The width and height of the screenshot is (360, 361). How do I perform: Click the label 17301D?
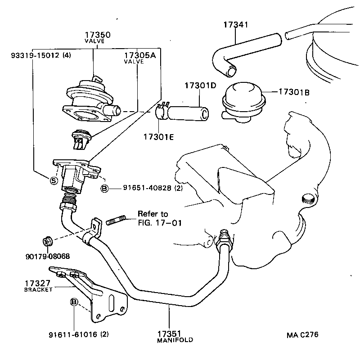coord(199,86)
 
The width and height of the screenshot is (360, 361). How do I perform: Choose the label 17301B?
coord(293,92)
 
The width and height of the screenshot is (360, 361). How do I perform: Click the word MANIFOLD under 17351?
coord(175,340)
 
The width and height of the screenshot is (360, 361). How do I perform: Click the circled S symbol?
coord(54,180)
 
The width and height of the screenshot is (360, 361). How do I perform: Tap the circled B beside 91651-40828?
coord(104,188)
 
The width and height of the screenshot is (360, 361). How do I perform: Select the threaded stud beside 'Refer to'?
coord(116,221)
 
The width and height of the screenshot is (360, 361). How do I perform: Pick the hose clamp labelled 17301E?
coord(161,111)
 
